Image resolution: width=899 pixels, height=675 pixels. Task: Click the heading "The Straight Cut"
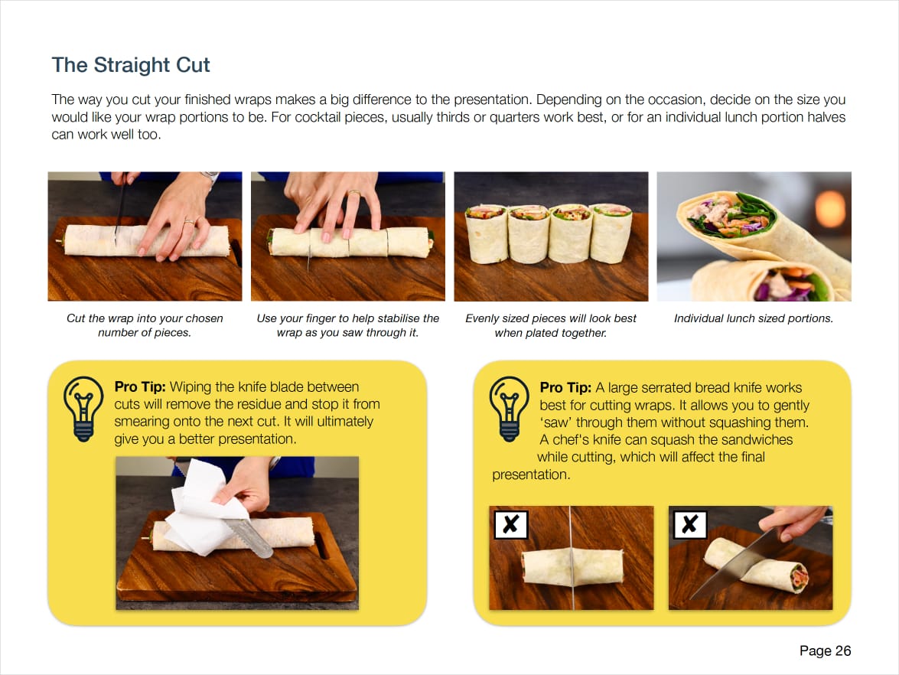tap(131, 65)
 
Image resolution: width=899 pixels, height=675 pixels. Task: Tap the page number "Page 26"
tap(825, 651)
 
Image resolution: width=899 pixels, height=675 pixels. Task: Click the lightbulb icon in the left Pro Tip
tap(83, 409)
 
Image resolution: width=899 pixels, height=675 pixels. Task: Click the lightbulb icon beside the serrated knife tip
tap(509, 409)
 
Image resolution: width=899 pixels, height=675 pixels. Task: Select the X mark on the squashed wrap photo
tap(511, 524)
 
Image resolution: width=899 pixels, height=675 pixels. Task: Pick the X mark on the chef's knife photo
tap(690, 524)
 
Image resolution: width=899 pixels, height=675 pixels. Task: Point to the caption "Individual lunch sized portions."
tap(754, 318)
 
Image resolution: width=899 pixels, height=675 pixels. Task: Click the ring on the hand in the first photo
tap(189, 221)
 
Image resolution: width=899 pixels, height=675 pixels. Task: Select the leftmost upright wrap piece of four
tap(486, 234)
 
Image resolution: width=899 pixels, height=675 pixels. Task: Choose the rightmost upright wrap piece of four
tap(611, 233)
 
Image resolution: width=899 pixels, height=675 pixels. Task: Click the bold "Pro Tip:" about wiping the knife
tap(140, 386)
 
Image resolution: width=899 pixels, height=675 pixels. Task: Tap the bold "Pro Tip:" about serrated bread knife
tap(565, 387)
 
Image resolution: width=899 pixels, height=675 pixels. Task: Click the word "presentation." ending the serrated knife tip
tap(531, 474)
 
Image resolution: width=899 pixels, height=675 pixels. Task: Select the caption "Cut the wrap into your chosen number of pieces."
tap(145, 325)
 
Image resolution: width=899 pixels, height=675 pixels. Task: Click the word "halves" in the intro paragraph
tap(826, 117)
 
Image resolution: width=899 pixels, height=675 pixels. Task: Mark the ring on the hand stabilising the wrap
tap(353, 194)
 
